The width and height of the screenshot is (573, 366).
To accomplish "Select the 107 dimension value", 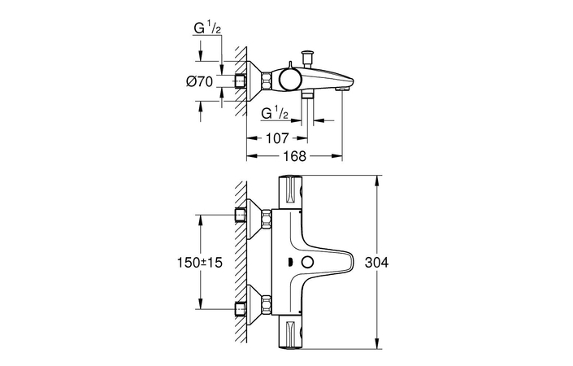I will (x=276, y=138).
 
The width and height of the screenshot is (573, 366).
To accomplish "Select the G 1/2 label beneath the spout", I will (x=277, y=112).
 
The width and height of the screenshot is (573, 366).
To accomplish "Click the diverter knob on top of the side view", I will (x=307, y=56).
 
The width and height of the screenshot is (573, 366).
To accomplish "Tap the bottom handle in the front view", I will (x=290, y=333).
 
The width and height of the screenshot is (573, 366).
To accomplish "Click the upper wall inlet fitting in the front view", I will (x=241, y=216).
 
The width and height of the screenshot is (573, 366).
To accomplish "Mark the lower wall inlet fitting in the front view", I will (x=241, y=309).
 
